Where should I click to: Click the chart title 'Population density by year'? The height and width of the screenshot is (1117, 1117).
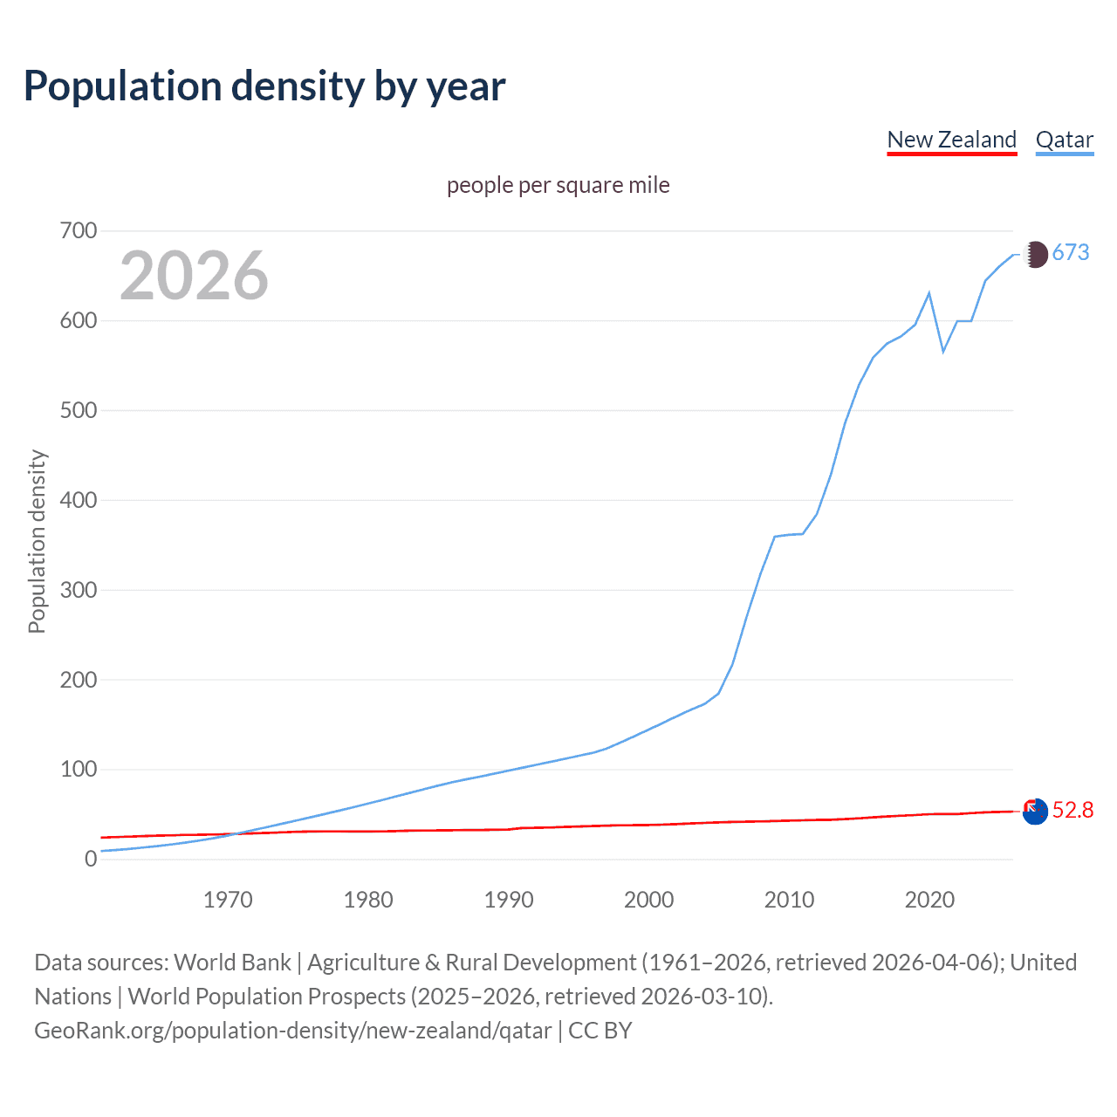tap(264, 86)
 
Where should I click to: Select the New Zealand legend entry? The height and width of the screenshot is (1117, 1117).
tap(951, 140)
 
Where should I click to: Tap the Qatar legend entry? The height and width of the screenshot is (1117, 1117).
tap(1064, 140)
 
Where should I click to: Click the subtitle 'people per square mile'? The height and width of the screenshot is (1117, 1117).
tap(558, 185)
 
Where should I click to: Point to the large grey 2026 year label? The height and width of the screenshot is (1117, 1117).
tap(194, 276)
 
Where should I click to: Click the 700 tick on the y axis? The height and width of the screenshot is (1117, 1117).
tap(79, 231)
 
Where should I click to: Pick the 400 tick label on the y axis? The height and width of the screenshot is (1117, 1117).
tap(79, 501)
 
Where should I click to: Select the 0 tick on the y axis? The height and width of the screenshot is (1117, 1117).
tap(91, 860)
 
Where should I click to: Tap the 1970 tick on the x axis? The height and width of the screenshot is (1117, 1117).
tap(228, 900)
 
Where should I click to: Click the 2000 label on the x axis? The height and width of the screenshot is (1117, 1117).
tap(648, 900)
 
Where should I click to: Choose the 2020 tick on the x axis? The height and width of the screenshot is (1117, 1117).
tap(929, 900)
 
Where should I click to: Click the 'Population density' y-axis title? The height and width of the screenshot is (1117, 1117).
tap(37, 541)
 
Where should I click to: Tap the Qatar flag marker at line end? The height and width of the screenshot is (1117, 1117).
tap(1035, 254)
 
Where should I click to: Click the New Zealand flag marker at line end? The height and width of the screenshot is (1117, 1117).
tap(1035, 812)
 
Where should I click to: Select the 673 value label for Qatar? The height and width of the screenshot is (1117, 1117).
tap(1071, 253)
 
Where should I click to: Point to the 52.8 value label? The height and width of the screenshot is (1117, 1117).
tap(1072, 811)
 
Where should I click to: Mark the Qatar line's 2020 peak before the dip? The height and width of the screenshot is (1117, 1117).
tap(929, 293)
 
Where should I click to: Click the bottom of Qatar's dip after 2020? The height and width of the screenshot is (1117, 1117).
tap(943, 352)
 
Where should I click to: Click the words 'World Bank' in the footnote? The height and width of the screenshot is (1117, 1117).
tap(232, 963)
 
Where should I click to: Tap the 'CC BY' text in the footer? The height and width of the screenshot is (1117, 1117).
tap(600, 1031)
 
